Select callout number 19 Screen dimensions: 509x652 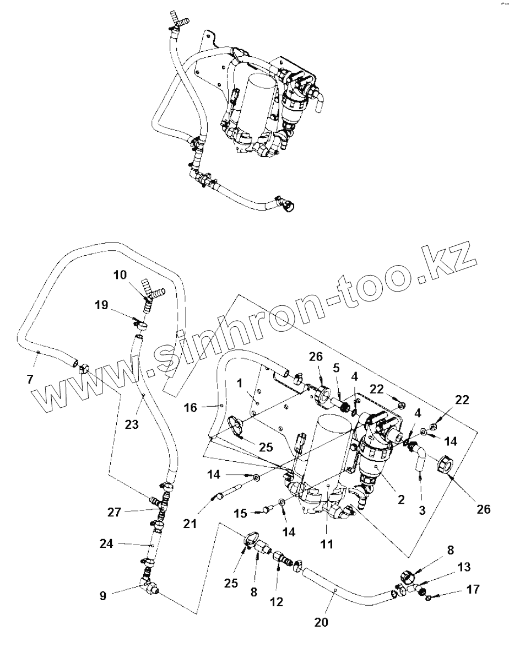101,305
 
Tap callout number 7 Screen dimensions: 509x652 30,379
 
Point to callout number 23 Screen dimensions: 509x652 132,424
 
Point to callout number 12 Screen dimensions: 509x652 276,602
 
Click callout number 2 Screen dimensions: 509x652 400,500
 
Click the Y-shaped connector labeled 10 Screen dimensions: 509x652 150,292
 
